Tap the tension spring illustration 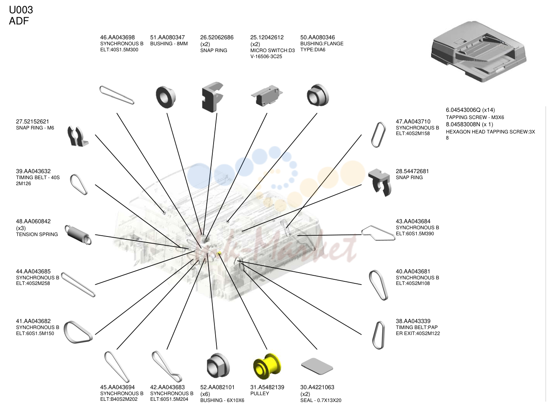tap(78, 234)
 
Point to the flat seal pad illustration tap(317, 366)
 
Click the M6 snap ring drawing tap(77, 136)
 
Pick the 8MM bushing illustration tap(166, 97)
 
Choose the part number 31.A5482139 tap(267, 387)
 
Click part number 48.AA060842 tap(33, 221)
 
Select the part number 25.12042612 tap(267, 37)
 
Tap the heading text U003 tap(21, 10)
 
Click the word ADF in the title tap(19, 21)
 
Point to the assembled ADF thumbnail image tap(479, 51)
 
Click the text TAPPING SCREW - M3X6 tap(475, 117)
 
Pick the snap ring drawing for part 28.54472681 tap(380, 182)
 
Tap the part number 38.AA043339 tap(413, 321)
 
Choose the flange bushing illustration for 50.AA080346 tap(318, 95)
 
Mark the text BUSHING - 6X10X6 tap(222, 400)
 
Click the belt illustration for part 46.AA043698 tap(116, 95)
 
